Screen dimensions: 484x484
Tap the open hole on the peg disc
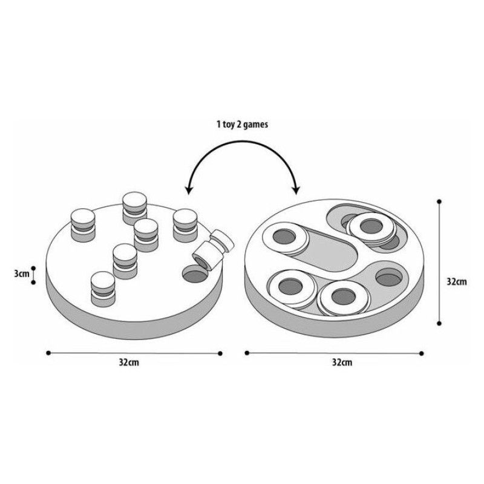point(194,277)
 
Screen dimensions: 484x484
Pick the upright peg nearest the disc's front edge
point(102,289)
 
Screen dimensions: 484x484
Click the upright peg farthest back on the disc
point(134,207)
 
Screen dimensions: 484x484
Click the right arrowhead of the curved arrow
point(296,190)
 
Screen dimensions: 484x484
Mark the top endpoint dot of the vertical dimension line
point(439,200)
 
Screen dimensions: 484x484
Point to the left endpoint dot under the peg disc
point(48,353)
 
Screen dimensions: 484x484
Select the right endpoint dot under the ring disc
point(422,353)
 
